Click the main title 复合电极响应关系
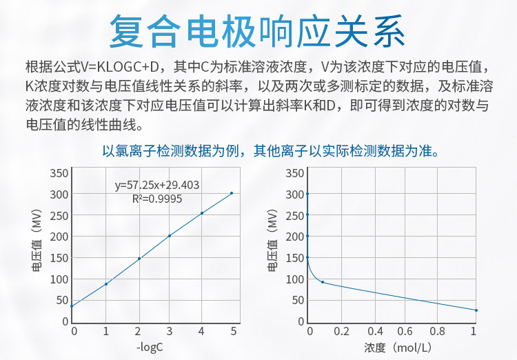(x=258, y=31)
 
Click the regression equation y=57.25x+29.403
(x=157, y=185)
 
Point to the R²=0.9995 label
(x=157, y=198)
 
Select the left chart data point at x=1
(x=106, y=284)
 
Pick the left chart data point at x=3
(x=170, y=236)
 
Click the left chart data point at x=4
(x=202, y=213)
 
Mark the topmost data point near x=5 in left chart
(x=232, y=193)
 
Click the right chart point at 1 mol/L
(x=476, y=310)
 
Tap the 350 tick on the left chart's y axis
(x=60, y=172)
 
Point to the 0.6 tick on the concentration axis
(x=408, y=332)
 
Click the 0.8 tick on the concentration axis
(x=441, y=332)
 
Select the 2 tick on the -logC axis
(x=138, y=332)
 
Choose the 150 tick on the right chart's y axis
(x=296, y=257)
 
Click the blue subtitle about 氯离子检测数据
(x=270, y=150)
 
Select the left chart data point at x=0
(x=72, y=306)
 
